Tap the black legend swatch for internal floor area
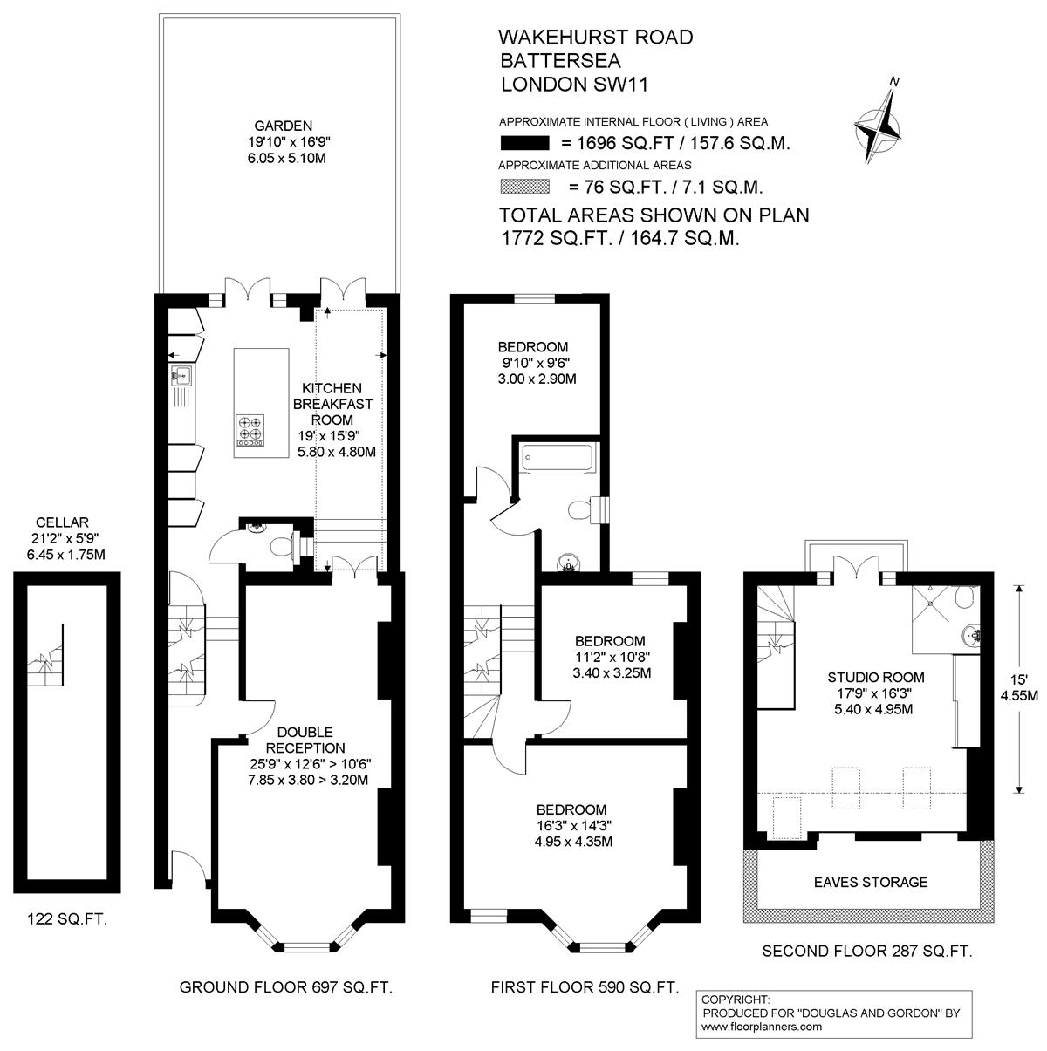pos(525,143)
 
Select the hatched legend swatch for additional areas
pos(525,187)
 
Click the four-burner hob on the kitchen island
pos(250,430)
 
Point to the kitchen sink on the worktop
pos(181,375)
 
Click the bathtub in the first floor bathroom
pos(557,457)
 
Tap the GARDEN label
pos(284,126)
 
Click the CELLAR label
pos(62,522)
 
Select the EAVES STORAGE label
pos(871,882)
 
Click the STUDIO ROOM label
pos(876,678)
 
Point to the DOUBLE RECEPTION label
pos(305,740)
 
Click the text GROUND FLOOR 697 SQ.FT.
pos(286,987)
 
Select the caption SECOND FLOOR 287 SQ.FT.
pos(867,952)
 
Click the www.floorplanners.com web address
pos(762,1027)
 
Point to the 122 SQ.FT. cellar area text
pos(67,919)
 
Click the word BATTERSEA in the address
pos(560,60)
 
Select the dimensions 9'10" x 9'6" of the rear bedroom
pos(537,363)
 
